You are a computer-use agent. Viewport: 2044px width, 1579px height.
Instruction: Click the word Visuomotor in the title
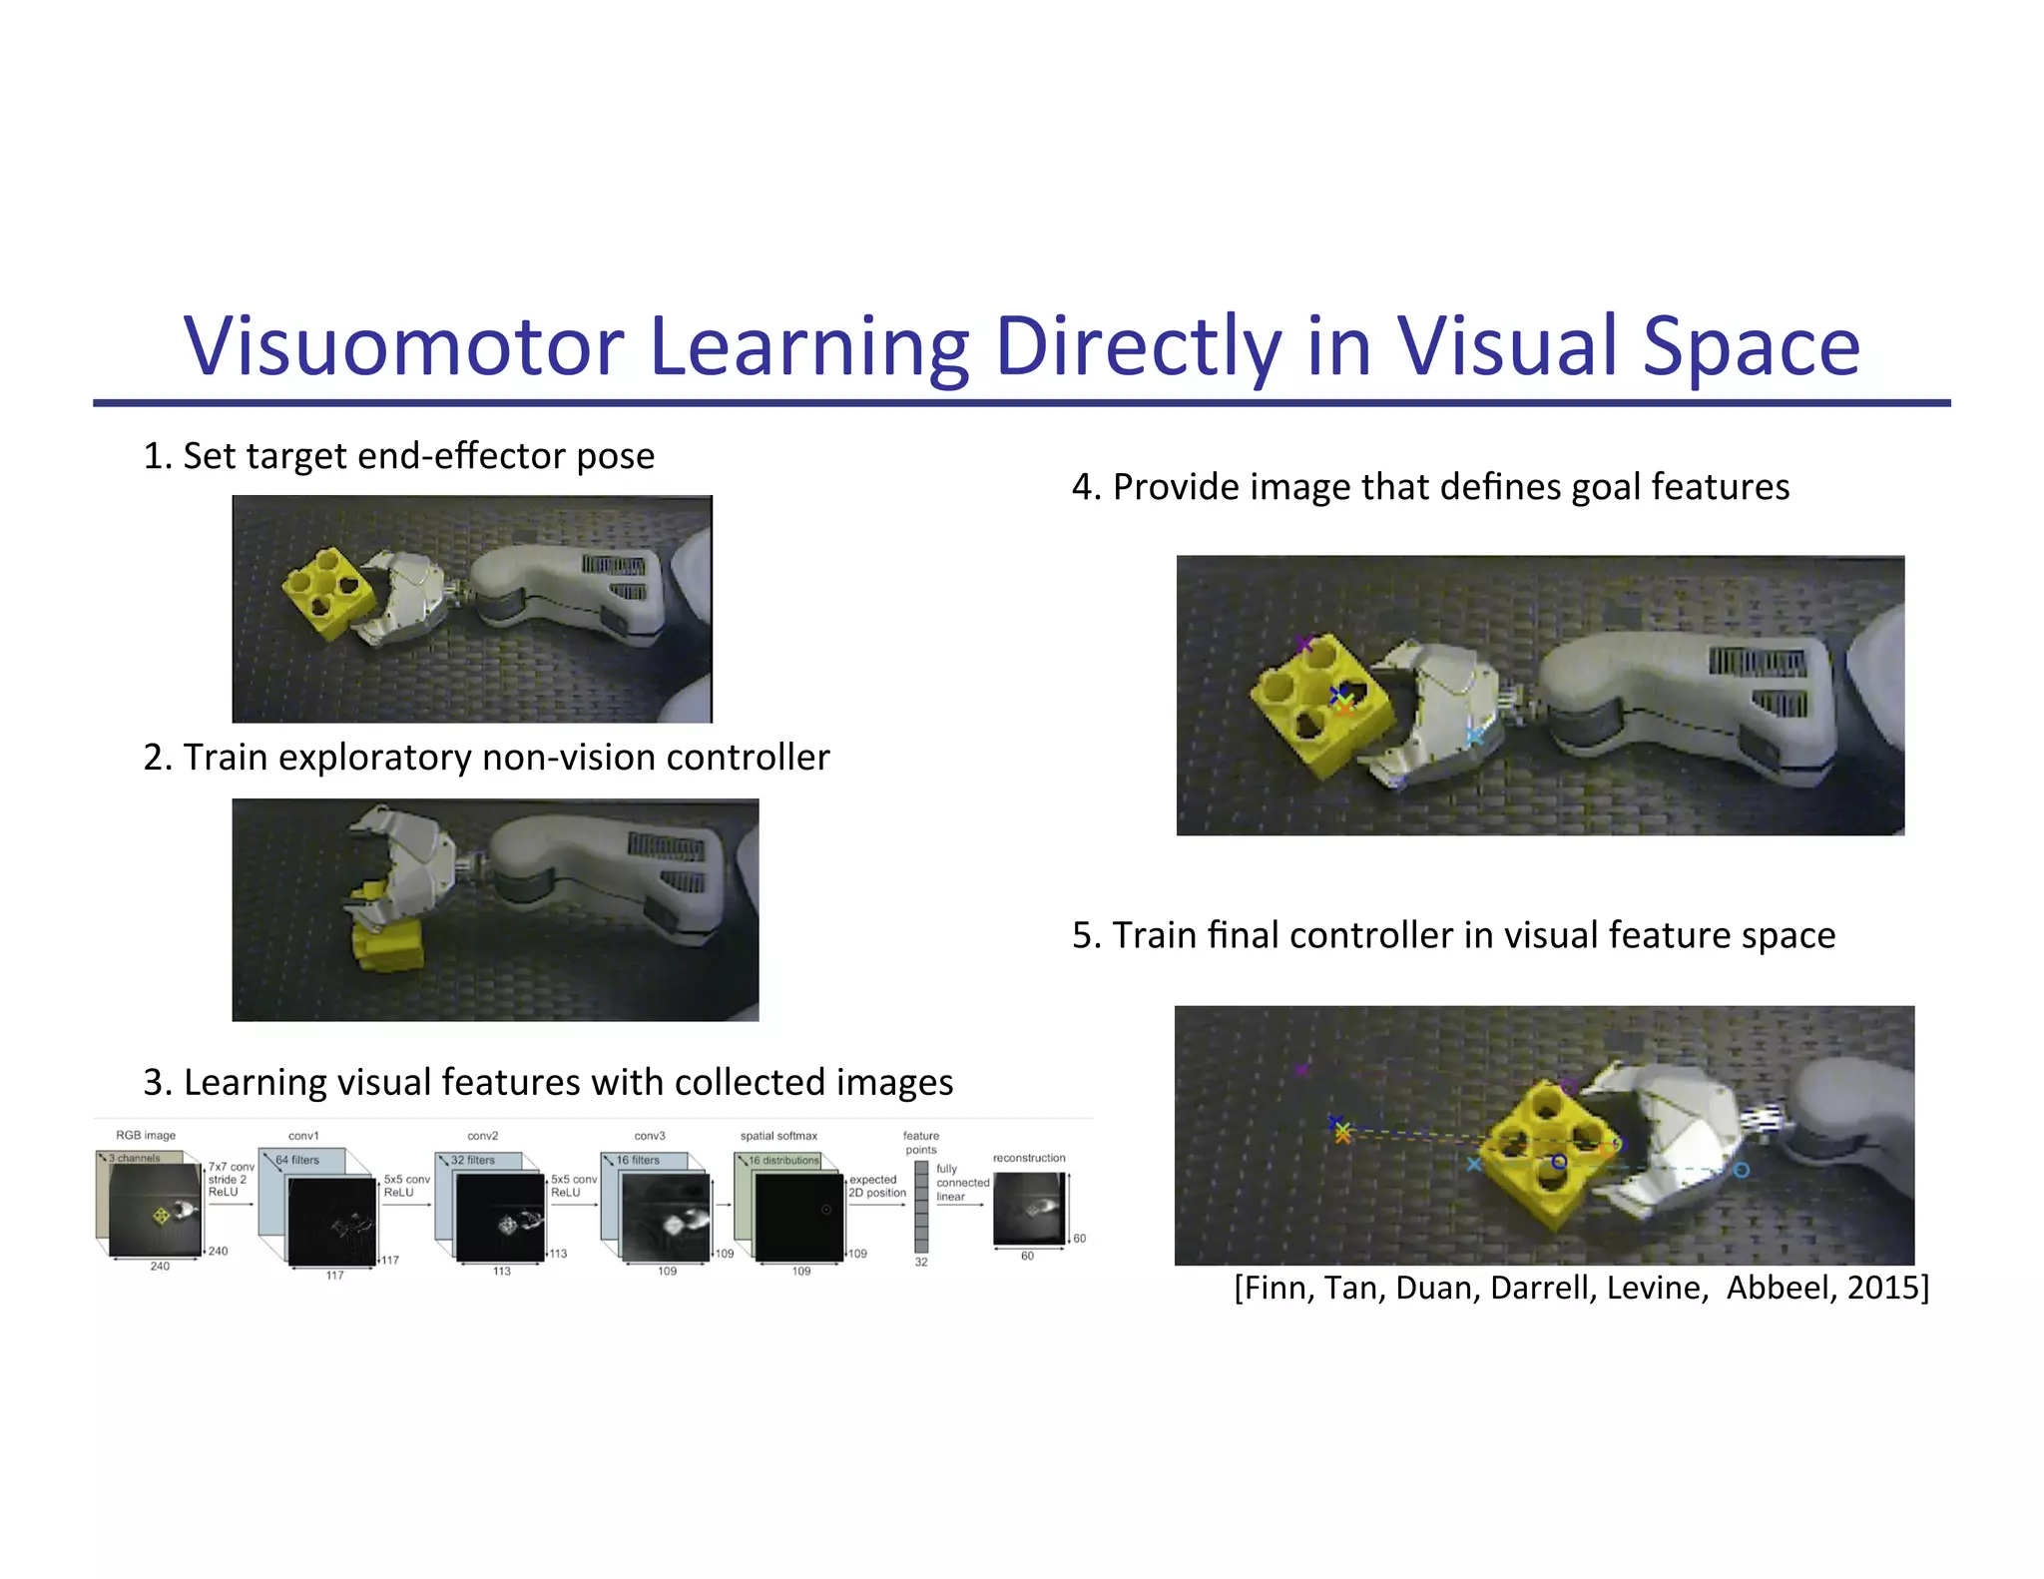coord(404,346)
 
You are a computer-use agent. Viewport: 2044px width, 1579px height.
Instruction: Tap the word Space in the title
coord(1751,346)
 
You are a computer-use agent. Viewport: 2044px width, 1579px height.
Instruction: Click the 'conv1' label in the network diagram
coord(303,1136)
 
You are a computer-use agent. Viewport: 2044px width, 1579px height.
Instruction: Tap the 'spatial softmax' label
coord(778,1136)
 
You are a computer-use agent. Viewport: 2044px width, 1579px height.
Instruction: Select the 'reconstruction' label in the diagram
coord(1029,1158)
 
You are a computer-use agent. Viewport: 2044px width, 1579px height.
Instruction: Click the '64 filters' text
coord(297,1160)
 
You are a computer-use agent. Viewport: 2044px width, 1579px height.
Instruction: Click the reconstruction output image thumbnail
coord(1029,1208)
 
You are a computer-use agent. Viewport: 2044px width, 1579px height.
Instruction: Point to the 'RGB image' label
coord(146,1136)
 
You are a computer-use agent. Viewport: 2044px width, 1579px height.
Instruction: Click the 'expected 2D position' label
coord(876,1186)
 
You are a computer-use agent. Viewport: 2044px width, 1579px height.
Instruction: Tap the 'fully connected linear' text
coord(961,1183)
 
